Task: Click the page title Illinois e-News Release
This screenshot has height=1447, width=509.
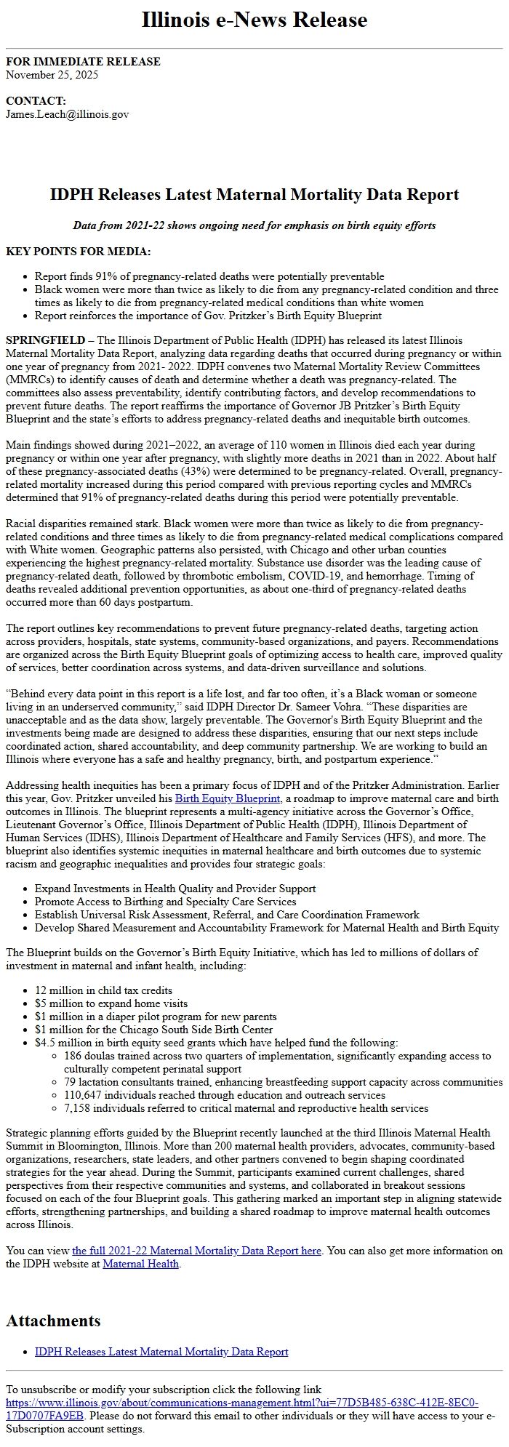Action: [254, 20]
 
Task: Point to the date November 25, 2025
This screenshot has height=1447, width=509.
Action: [52, 74]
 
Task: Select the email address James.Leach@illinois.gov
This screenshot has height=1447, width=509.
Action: [67, 114]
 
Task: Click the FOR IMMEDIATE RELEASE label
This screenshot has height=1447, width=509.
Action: [83, 62]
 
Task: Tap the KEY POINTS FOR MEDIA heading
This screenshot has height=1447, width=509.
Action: [79, 252]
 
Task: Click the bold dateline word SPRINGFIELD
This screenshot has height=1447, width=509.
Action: [44, 340]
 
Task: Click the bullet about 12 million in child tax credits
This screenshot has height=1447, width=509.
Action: [103, 990]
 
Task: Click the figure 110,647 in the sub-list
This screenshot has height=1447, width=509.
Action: [84, 1095]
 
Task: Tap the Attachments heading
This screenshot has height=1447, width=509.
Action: [53, 1320]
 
